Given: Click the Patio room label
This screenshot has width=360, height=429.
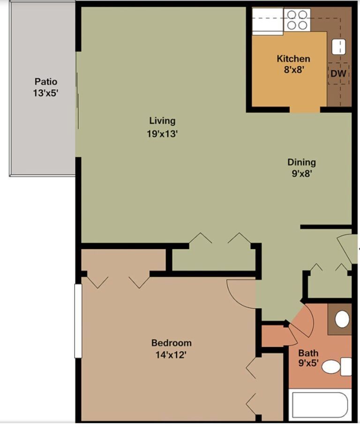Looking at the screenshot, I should (45, 82).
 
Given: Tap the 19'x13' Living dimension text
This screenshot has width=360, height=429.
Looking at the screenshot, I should (162, 133).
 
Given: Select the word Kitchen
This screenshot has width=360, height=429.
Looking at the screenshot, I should (293, 59).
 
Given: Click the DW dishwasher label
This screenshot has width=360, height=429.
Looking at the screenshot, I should (338, 74).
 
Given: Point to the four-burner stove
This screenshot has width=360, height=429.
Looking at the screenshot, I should (297, 20).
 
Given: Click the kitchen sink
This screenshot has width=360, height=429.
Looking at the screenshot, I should (338, 46).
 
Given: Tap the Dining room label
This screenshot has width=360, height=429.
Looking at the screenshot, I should (301, 163).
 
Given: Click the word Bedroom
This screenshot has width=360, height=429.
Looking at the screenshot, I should (171, 343).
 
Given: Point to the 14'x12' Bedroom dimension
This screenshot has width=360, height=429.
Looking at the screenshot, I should (171, 355).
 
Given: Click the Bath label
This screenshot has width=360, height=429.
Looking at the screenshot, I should (308, 353).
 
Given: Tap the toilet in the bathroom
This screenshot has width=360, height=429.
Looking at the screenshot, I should (336, 366).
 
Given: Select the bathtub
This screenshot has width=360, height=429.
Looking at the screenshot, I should (320, 405).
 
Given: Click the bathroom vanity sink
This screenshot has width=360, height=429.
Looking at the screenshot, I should (342, 319).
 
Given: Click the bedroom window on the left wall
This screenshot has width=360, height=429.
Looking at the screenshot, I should (78, 321).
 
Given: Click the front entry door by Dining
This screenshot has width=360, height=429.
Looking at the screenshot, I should (348, 248).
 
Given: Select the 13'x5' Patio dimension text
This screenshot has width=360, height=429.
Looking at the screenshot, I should (45, 93).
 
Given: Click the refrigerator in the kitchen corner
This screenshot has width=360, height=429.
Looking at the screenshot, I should (267, 22).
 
